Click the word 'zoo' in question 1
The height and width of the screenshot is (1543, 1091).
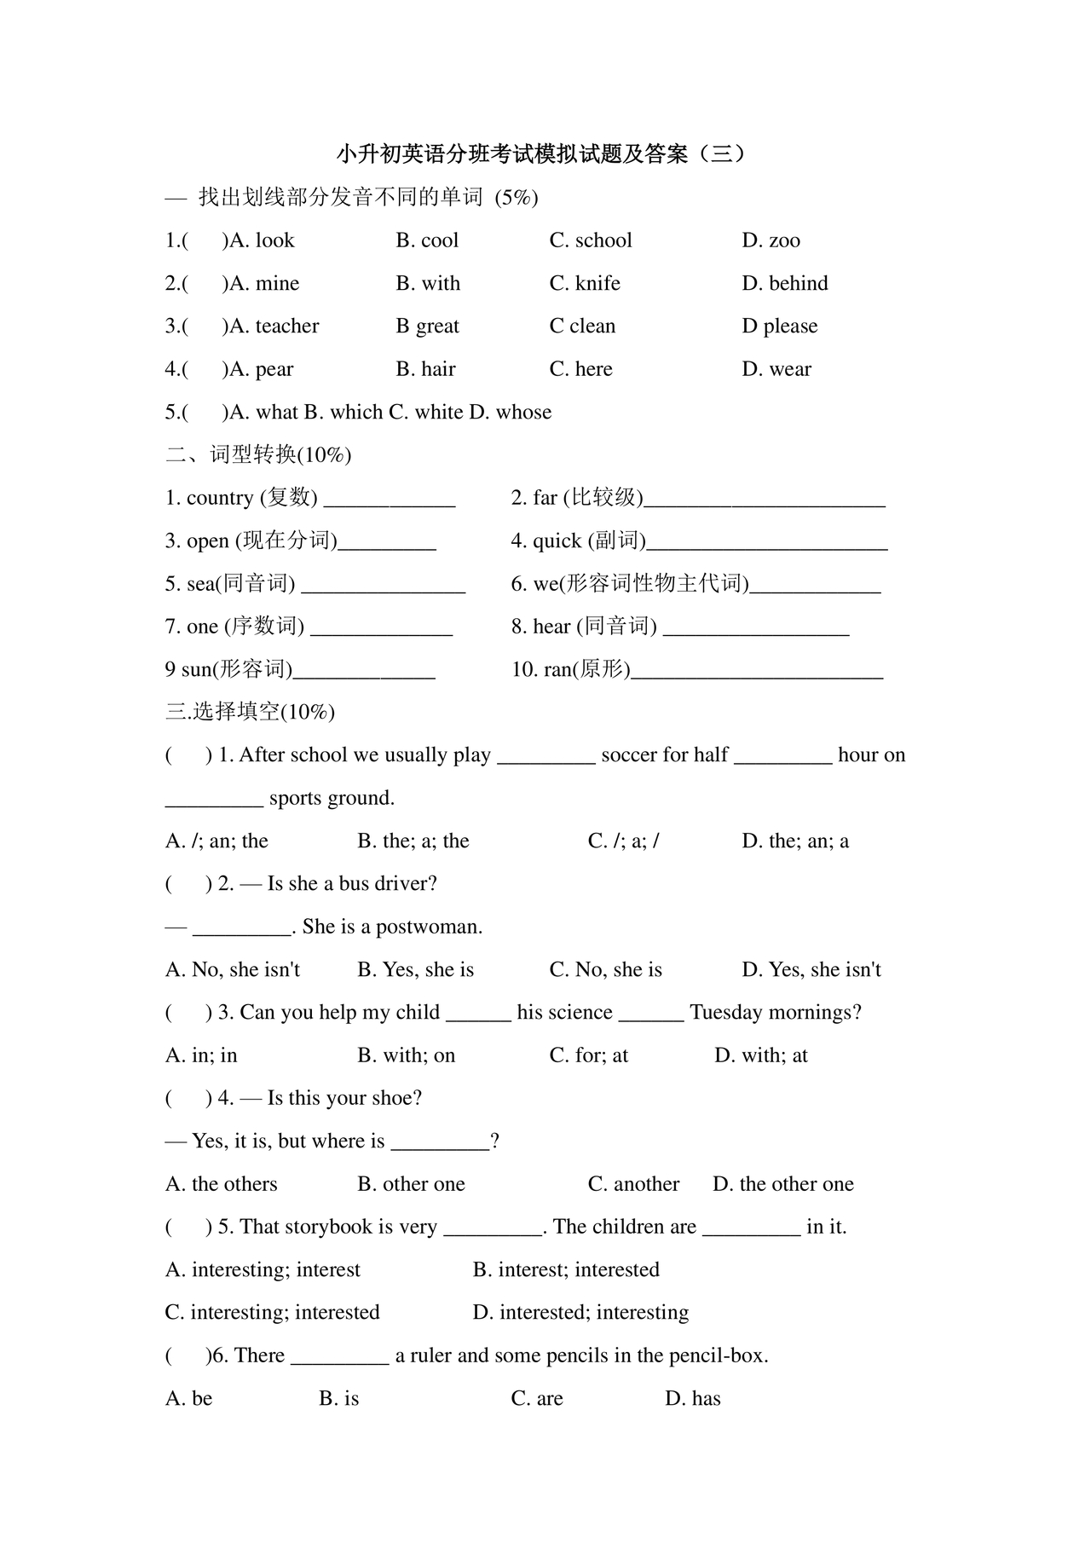pyautogui.click(x=784, y=241)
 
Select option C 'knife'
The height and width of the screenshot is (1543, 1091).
pyautogui.click(x=597, y=284)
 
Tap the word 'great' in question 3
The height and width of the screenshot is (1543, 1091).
pyautogui.click(x=437, y=327)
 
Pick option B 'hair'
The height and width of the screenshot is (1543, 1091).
pyautogui.click(x=437, y=370)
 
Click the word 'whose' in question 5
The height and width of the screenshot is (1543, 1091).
pyautogui.click(x=523, y=413)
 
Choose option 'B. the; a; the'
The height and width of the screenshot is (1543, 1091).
pyautogui.click(x=413, y=841)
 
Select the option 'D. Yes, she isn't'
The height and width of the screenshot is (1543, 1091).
pyautogui.click(x=811, y=970)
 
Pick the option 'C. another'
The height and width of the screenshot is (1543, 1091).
pyautogui.click(x=633, y=1184)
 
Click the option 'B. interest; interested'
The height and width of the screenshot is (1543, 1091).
pyautogui.click(x=566, y=1270)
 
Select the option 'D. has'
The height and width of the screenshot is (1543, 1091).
pyautogui.click(x=693, y=1399)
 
